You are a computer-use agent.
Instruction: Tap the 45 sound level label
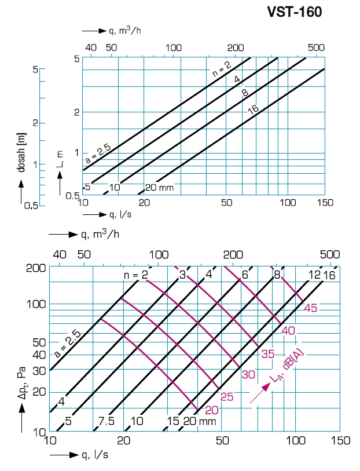[x=310, y=308]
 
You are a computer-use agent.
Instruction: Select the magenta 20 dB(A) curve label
[x=212, y=410]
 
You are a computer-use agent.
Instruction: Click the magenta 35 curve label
[x=267, y=354]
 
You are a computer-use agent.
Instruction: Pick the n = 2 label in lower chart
[x=135, y=275]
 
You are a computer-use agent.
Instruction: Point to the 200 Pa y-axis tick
[x=37, y=268]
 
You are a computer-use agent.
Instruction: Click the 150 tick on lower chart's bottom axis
[x=340, y=441]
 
